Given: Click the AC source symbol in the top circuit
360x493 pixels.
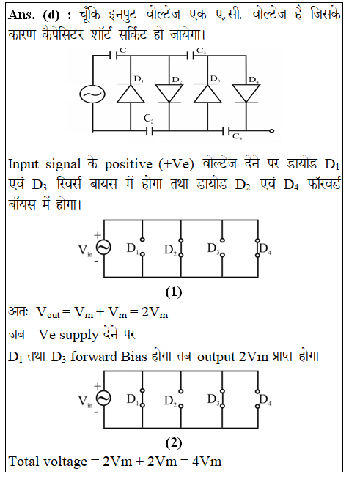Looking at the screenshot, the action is tap(92, 94).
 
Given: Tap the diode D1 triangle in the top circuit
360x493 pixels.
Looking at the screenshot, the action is tap(131, 93).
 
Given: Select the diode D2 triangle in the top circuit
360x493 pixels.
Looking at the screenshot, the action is tap(169, 93).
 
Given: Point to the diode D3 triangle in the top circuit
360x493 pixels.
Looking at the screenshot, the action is tap(207, 93).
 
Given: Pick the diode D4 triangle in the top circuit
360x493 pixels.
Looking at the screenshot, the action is tap(246, 93).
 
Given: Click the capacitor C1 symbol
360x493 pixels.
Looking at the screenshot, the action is tap(114, 56).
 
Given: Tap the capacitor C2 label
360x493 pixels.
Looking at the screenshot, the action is tap(149, 119).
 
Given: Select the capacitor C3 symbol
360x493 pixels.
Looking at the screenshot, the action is tap(191, 56).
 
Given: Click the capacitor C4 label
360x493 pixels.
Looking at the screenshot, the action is tap(237, 136).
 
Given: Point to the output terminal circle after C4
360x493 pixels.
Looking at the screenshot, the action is tap(272, 131).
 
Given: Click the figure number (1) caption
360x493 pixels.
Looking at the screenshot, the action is tap(173, 292).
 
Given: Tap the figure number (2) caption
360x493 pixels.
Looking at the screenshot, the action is tap(173, 443).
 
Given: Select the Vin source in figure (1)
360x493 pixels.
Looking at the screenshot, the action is tap(103, 248).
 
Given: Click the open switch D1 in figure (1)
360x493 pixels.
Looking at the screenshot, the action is tap(142, 247).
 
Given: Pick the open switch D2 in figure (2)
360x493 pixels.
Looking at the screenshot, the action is tap(180, 399).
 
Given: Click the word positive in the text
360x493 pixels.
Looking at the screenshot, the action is tap(128, 164).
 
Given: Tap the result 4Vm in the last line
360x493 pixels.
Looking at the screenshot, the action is tap(207, 462).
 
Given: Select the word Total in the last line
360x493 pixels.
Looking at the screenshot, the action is tap(24, 462).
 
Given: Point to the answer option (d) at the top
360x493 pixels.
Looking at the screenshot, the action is tap(51, 15).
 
